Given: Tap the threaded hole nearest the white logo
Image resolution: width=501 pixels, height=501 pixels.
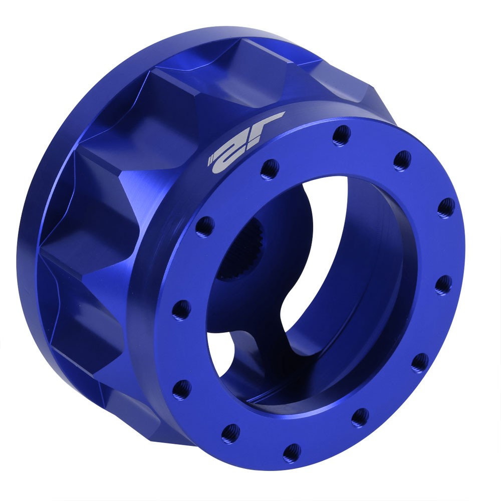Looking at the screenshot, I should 270,165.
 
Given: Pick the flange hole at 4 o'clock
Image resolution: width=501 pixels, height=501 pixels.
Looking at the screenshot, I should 419,363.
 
